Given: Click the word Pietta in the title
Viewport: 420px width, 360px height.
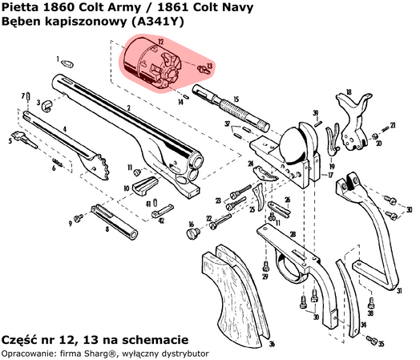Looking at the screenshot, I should click(23, 7).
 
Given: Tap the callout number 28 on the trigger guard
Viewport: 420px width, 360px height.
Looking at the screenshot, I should click(293, 235).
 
